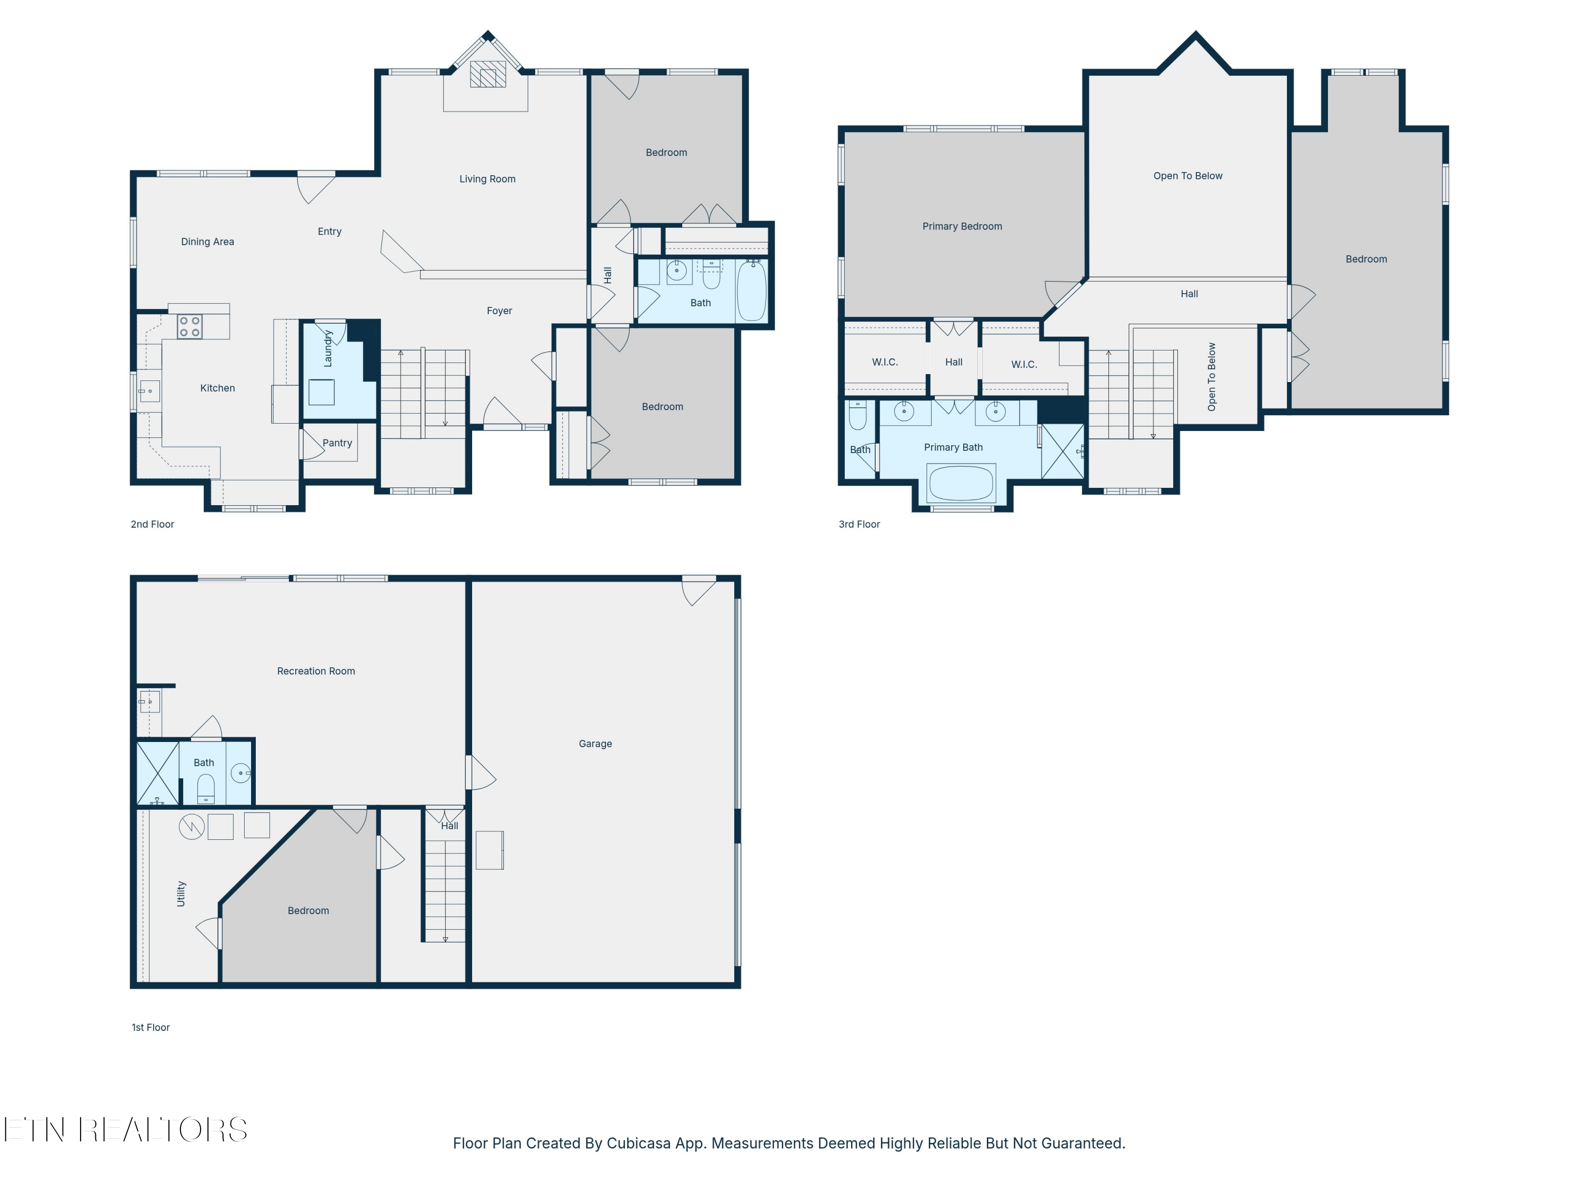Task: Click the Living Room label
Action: point(487,179)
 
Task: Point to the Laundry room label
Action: point(328,348)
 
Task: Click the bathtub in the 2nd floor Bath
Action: point(751,291)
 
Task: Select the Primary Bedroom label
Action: point(962,226)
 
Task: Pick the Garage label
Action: point(595,744)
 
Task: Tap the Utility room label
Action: point(181,894)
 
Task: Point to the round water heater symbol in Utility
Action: point(191,827)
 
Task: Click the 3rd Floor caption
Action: point(859,525)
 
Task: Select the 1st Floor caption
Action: point(151,1028)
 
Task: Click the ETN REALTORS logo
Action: point(126,1130)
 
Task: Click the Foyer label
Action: point(499,311)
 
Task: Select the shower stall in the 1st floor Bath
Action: point(157,774)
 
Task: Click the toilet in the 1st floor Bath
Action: point(206,789)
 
